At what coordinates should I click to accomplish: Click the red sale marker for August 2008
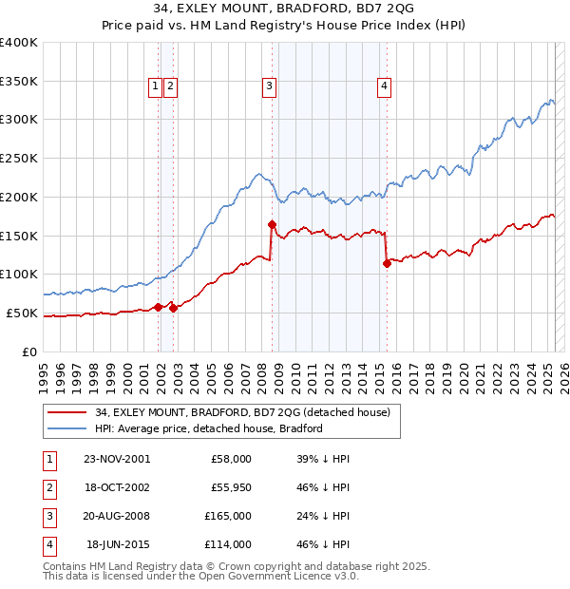tap(272, 224)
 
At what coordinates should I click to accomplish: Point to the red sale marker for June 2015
tap(387, 263)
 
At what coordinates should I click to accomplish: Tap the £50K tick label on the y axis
tap(22, 313)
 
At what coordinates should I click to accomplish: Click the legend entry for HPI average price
tap(209, 428)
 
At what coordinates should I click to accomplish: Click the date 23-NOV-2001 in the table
tap(117, 459)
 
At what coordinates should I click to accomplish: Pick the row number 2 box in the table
tap(48, 487)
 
